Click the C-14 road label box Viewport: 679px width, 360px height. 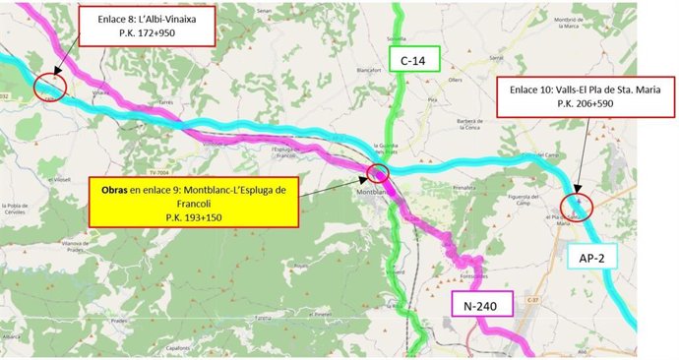click(x=414, y=61)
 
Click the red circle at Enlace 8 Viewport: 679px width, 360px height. click(x=49, y=86)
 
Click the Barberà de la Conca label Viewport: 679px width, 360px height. click(x=461, y=124)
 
